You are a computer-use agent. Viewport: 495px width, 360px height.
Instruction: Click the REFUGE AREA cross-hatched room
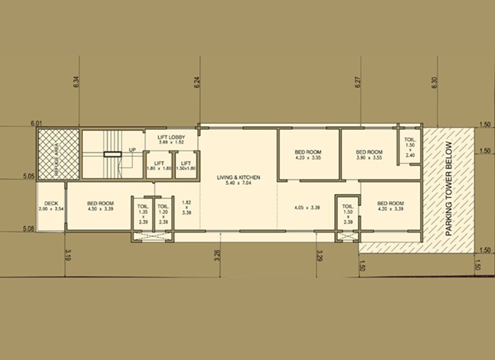pos(58,155)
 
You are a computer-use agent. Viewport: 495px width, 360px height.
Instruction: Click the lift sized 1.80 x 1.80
pos(158,166)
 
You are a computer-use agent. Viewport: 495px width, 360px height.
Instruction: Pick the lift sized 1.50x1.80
pos(186,166)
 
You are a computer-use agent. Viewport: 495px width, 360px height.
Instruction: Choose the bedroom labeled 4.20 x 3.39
pos(390,206)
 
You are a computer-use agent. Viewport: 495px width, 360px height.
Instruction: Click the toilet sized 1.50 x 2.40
pos(410,148)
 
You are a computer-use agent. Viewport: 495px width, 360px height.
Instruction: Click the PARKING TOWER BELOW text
pos(450,190)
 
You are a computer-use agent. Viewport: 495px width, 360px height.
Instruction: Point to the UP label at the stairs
pos(132,150)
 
